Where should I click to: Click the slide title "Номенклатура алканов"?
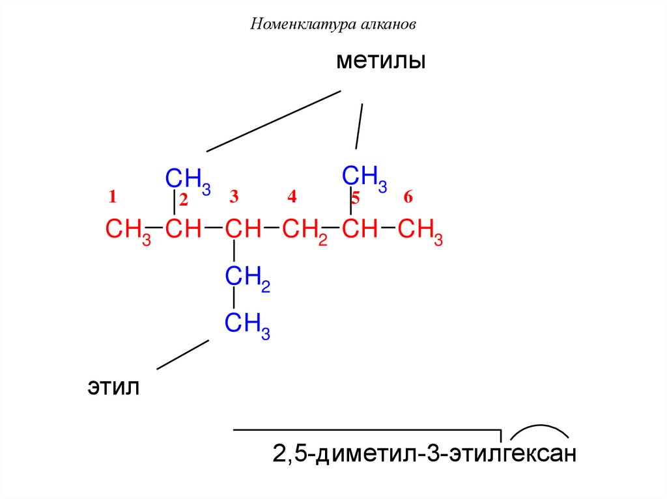[x=333, y=25]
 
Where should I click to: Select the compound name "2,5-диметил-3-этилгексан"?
[x=425, y=453]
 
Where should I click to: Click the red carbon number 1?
[x=112, y=196]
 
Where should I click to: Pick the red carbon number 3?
[x=234, y=196]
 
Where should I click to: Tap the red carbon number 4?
[x=292, y=196]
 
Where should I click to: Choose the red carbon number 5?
[x=356, y=198]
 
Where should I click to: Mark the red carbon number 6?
[x=408, y=196]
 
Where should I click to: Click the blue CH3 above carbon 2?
[x=188, y=180]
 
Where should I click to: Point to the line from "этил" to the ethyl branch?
[x=183, y=355]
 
